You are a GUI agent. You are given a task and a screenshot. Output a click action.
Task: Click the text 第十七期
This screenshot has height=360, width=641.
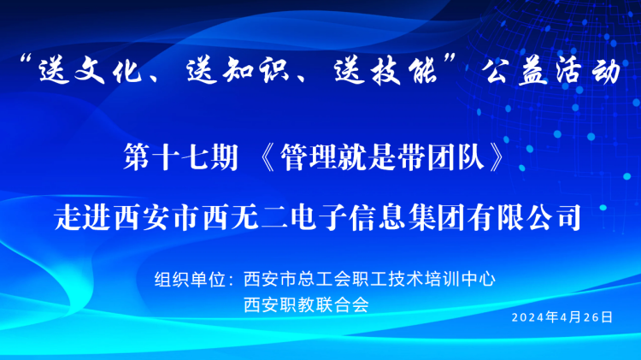[180, 159]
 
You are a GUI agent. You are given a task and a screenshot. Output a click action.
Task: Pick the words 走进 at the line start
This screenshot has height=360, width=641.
[82, 215]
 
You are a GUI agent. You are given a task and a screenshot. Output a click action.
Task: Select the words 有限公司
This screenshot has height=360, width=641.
[538, 215]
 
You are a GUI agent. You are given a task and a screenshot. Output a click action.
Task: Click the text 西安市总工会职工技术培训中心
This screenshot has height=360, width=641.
[369, 279]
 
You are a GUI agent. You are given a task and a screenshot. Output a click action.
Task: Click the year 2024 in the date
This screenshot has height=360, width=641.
[526, 316]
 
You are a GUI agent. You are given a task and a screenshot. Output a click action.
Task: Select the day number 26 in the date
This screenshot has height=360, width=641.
[592, 316]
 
